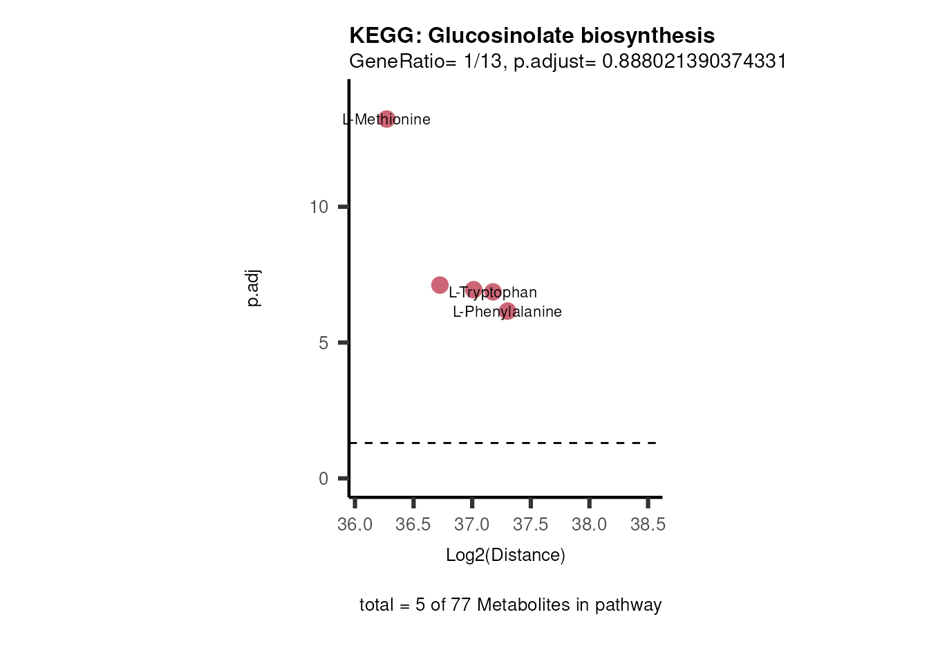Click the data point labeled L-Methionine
(386, 119)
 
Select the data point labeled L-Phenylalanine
(507, 311)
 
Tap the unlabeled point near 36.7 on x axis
(440, 285)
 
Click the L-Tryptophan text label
(492, 293)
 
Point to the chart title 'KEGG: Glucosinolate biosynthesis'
(532, 35)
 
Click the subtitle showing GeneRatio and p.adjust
(567, 62)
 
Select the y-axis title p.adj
(254, 288)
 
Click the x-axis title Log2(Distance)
(505, 555)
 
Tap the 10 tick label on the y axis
(319, 207)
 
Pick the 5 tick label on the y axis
(323, 343)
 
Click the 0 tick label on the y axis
(323, 479)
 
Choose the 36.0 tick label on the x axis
(355, 525)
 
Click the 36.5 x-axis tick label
(413, 525)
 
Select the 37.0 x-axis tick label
(472, 525)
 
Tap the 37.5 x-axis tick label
(530, 525)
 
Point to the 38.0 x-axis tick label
(589, 525)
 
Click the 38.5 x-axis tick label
(648, 525)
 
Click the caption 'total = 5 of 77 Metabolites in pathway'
(510, 605)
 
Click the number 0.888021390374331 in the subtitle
(694, 62)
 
